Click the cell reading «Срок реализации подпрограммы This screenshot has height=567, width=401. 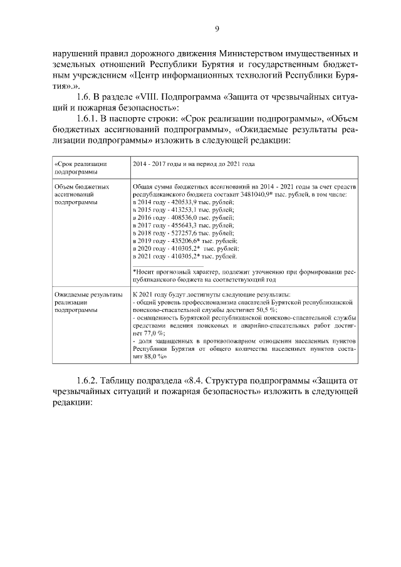coord(81,167)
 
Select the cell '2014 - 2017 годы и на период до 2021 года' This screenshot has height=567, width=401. coord(194,164)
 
